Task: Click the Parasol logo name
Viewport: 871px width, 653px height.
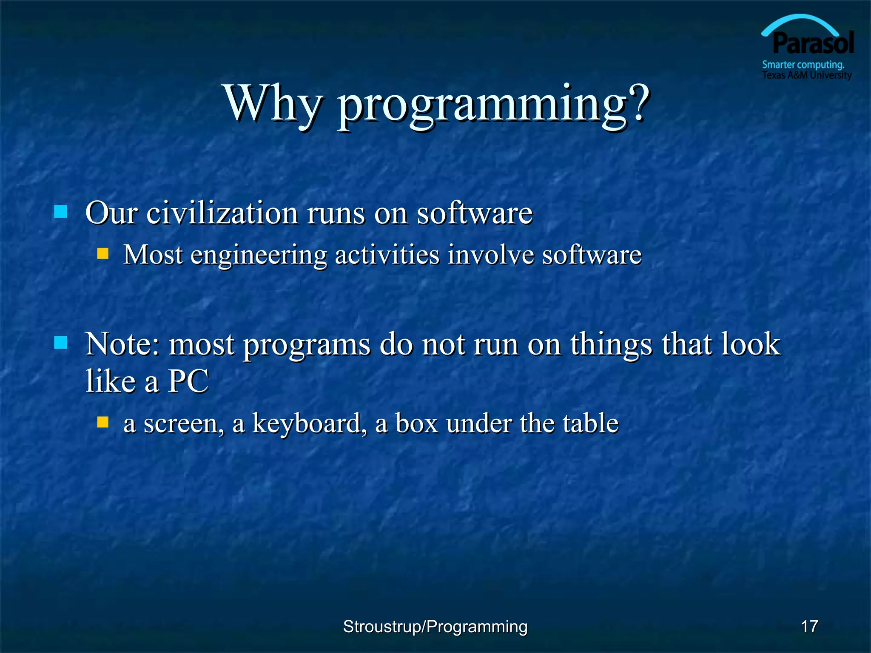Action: coord(813,43)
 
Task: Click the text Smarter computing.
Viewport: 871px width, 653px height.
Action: coord(803,65)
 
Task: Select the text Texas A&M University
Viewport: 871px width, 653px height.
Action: coord(806,75)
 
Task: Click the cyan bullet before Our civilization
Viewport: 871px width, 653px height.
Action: coord(61,212)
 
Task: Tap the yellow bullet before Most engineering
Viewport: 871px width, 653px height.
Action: coord(103,254)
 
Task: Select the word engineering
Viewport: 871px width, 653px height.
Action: coord(259,256)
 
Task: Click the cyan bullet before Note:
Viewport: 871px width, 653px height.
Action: coord(61,343)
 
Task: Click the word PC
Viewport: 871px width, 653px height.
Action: coord(188,381)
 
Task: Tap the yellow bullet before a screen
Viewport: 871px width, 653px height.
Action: coord(103,422)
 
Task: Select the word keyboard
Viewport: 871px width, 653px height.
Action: coord(306,423)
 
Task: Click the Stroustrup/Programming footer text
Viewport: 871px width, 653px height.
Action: coord(435,627)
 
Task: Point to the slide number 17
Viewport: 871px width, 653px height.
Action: coord(809,627)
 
